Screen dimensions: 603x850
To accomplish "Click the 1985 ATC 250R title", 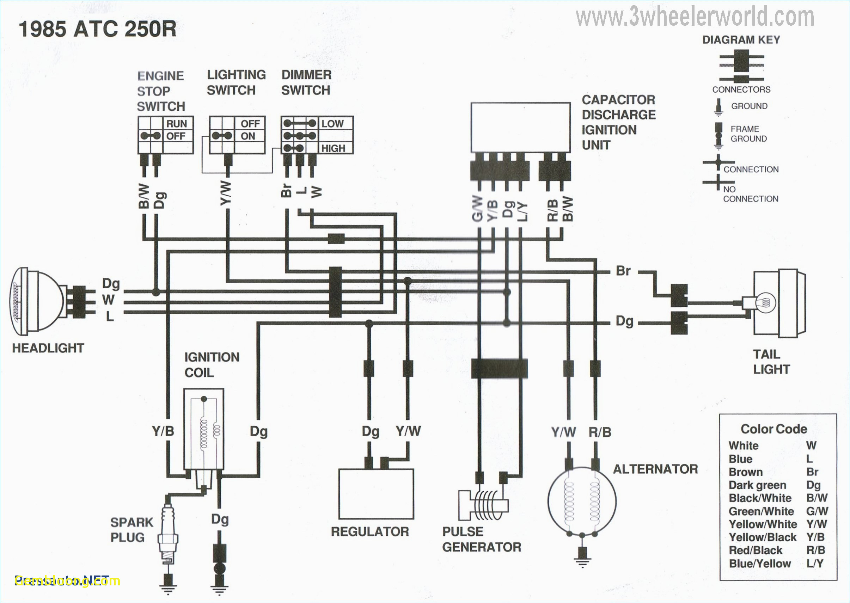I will point(97,29).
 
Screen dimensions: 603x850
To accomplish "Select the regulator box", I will point(376,494).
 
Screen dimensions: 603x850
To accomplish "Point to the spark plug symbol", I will point(168,535).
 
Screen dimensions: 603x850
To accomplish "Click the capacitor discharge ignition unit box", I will point(521,127).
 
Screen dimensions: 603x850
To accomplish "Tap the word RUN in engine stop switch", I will point(176,124).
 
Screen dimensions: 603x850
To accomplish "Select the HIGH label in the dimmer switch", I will point(333,148).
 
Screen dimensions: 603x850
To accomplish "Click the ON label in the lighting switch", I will point(248,136).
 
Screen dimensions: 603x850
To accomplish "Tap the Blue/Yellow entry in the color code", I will point(760,564).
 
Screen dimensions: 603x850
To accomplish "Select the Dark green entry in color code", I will point(757,485).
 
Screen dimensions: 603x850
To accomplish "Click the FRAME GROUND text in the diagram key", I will point(748,134).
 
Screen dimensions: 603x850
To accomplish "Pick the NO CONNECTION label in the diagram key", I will point(750,194).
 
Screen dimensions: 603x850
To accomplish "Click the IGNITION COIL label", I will point(212,365).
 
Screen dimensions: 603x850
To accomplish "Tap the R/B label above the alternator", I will point(600,432).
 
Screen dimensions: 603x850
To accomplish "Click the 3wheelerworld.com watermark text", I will point(695,17).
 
